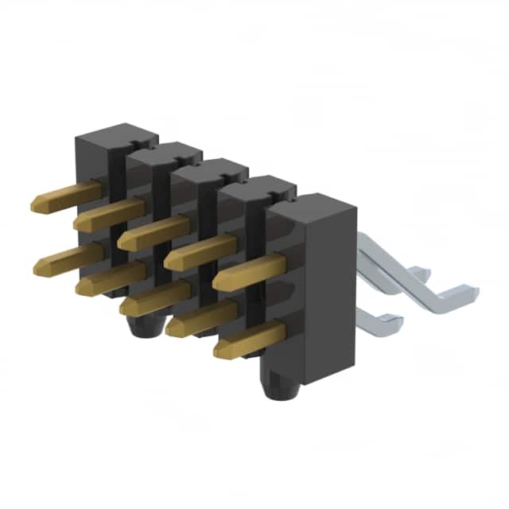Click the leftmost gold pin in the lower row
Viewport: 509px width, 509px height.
pyautogui.click(x=68, y=259)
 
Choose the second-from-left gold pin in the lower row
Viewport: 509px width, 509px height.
pyautogui.click(x=111, y=278)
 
